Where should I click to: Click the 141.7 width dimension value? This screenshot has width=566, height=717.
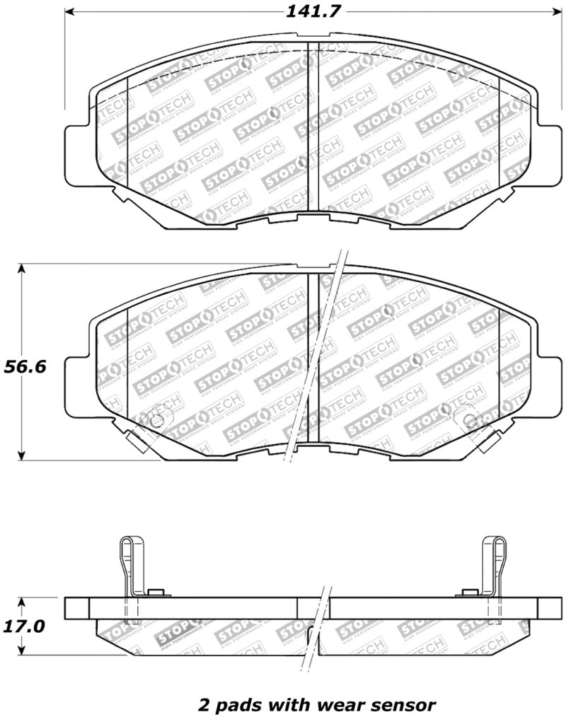[309, 12]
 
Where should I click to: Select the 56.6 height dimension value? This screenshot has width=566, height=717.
[24, 367]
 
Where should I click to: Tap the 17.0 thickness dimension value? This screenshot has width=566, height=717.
[24, 626]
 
